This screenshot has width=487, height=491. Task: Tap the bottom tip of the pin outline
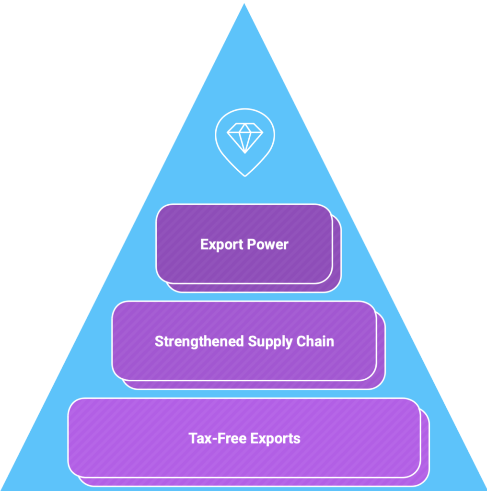click(244, 175)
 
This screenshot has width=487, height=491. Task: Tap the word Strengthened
click(199, 341)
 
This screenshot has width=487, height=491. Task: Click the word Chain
click(316, 341)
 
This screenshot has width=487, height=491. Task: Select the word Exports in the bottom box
click(275, 439)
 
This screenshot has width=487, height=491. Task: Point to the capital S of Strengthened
click(159, 341)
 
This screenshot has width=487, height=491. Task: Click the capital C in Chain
click(302, 341)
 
